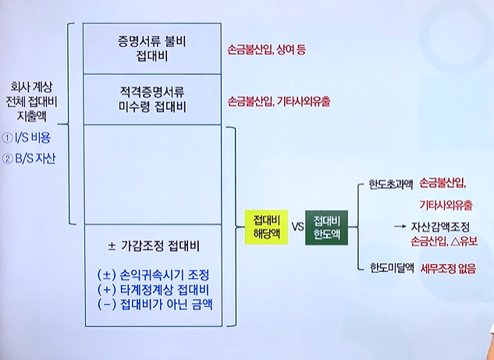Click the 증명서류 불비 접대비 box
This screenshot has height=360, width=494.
(154, 48)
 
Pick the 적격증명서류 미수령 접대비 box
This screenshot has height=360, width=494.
(154, 99)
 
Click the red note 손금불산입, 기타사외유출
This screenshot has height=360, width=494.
(279, 101)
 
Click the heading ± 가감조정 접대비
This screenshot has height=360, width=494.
(154, 247)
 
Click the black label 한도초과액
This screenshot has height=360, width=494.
(390, 186)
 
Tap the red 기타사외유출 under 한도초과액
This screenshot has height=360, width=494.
(446, 205)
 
